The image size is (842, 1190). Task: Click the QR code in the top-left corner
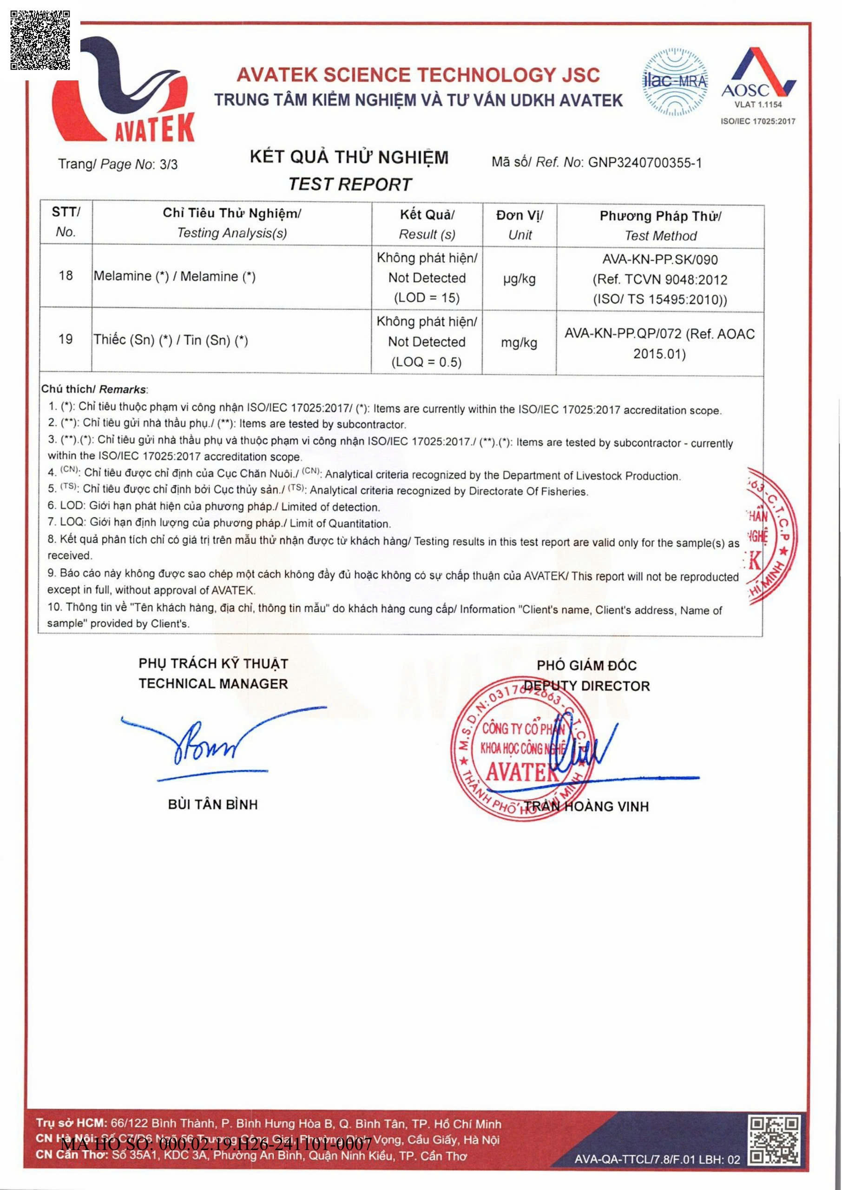[40, 40]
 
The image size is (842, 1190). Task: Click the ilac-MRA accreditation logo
[675, 81]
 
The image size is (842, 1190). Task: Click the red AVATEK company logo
[122, 91]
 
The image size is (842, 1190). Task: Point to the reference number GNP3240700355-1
[645, 163]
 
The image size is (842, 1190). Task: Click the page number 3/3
[169, 165]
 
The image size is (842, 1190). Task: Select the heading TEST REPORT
[349, 184]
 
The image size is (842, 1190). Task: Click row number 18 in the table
[66, 276]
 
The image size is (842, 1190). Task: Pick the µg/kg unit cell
[519, 279]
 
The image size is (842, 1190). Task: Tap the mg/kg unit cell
[519, 343]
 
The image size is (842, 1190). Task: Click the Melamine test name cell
[175, 277]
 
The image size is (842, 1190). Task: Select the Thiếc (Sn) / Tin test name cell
[171, 340]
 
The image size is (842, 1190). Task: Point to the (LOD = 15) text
[427, 297]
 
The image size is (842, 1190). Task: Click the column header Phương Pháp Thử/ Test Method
[660, 225]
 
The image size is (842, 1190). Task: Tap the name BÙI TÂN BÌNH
[212, 804]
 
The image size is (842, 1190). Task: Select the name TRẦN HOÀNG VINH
[586, 807]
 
